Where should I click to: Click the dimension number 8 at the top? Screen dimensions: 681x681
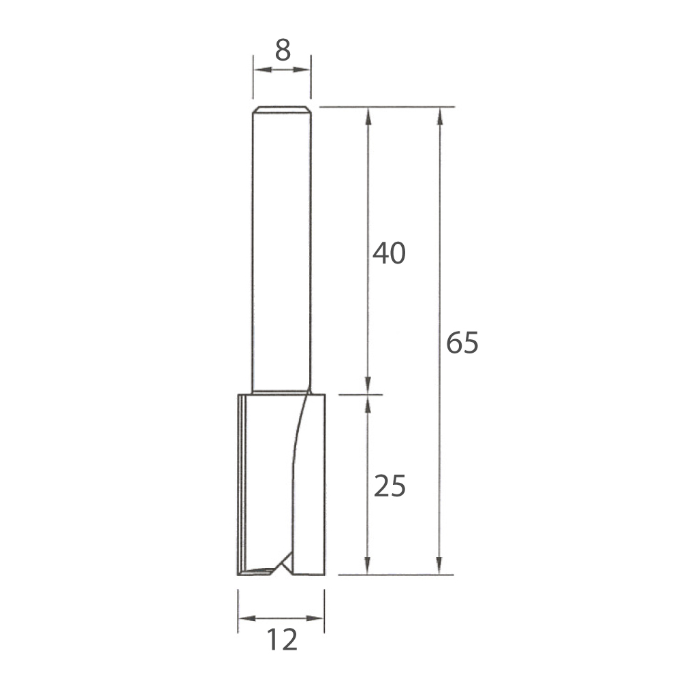click(x=282, y=52)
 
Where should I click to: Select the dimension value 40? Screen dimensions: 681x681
click(x=389, y=253)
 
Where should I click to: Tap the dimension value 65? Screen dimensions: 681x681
click(x=462, y=344)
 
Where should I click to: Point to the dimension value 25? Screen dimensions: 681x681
click(x=389, y=486)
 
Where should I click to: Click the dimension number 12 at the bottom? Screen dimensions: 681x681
click(x=281, y=640)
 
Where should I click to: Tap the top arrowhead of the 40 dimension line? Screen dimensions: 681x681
click(x=368, y=116)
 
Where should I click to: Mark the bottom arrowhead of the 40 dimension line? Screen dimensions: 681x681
click(x=368, y=385)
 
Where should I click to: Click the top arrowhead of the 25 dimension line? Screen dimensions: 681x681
click(x=368, y=404)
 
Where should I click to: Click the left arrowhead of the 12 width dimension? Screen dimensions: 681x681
click(x=246, y=618)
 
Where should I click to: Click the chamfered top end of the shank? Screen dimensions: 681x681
click(x=282, y=109)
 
